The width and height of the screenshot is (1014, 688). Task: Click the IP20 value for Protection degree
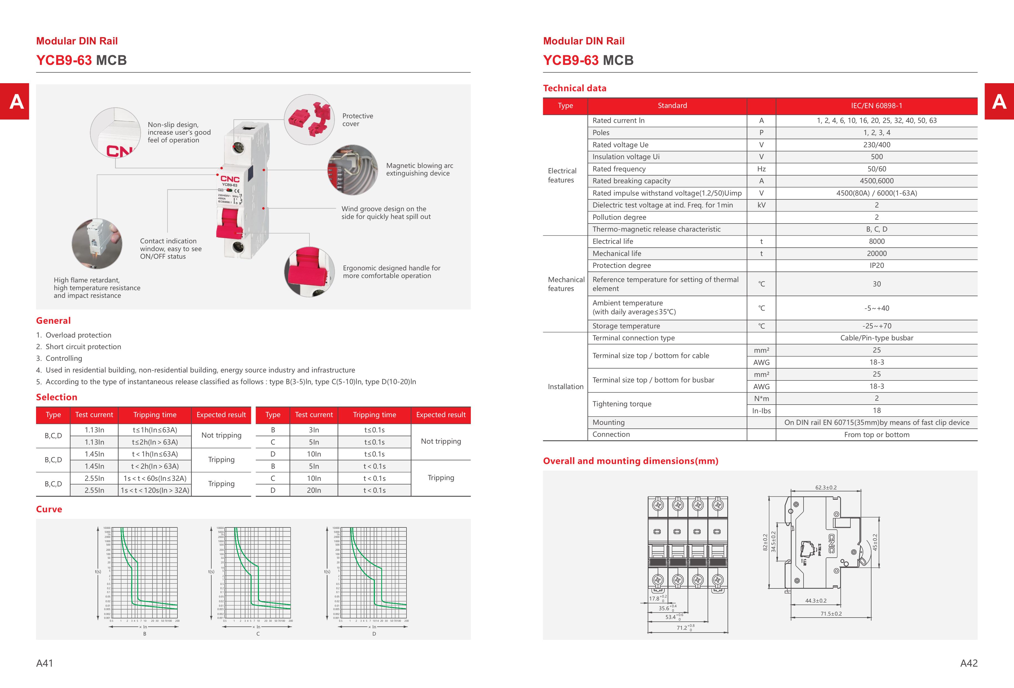876,265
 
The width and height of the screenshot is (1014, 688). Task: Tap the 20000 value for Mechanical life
876,253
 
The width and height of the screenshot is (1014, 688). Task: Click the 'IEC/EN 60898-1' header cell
876,106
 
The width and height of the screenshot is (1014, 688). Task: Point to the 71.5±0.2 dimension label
831,614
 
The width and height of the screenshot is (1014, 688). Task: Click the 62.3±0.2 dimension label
825,487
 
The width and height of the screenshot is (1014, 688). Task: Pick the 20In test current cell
314,490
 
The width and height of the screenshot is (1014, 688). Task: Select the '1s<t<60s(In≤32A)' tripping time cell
155,478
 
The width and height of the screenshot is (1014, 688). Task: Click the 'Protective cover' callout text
357,120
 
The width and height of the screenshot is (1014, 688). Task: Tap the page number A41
45,663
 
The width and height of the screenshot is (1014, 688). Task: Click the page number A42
969,663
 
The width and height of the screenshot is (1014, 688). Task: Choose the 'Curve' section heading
49,509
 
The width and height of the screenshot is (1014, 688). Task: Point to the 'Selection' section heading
56,397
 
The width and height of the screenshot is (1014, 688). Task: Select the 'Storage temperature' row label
626,326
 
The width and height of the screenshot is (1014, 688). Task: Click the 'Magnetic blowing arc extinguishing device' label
419,169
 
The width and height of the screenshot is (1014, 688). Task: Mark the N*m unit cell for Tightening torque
761,398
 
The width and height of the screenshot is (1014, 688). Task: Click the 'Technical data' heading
574,88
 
